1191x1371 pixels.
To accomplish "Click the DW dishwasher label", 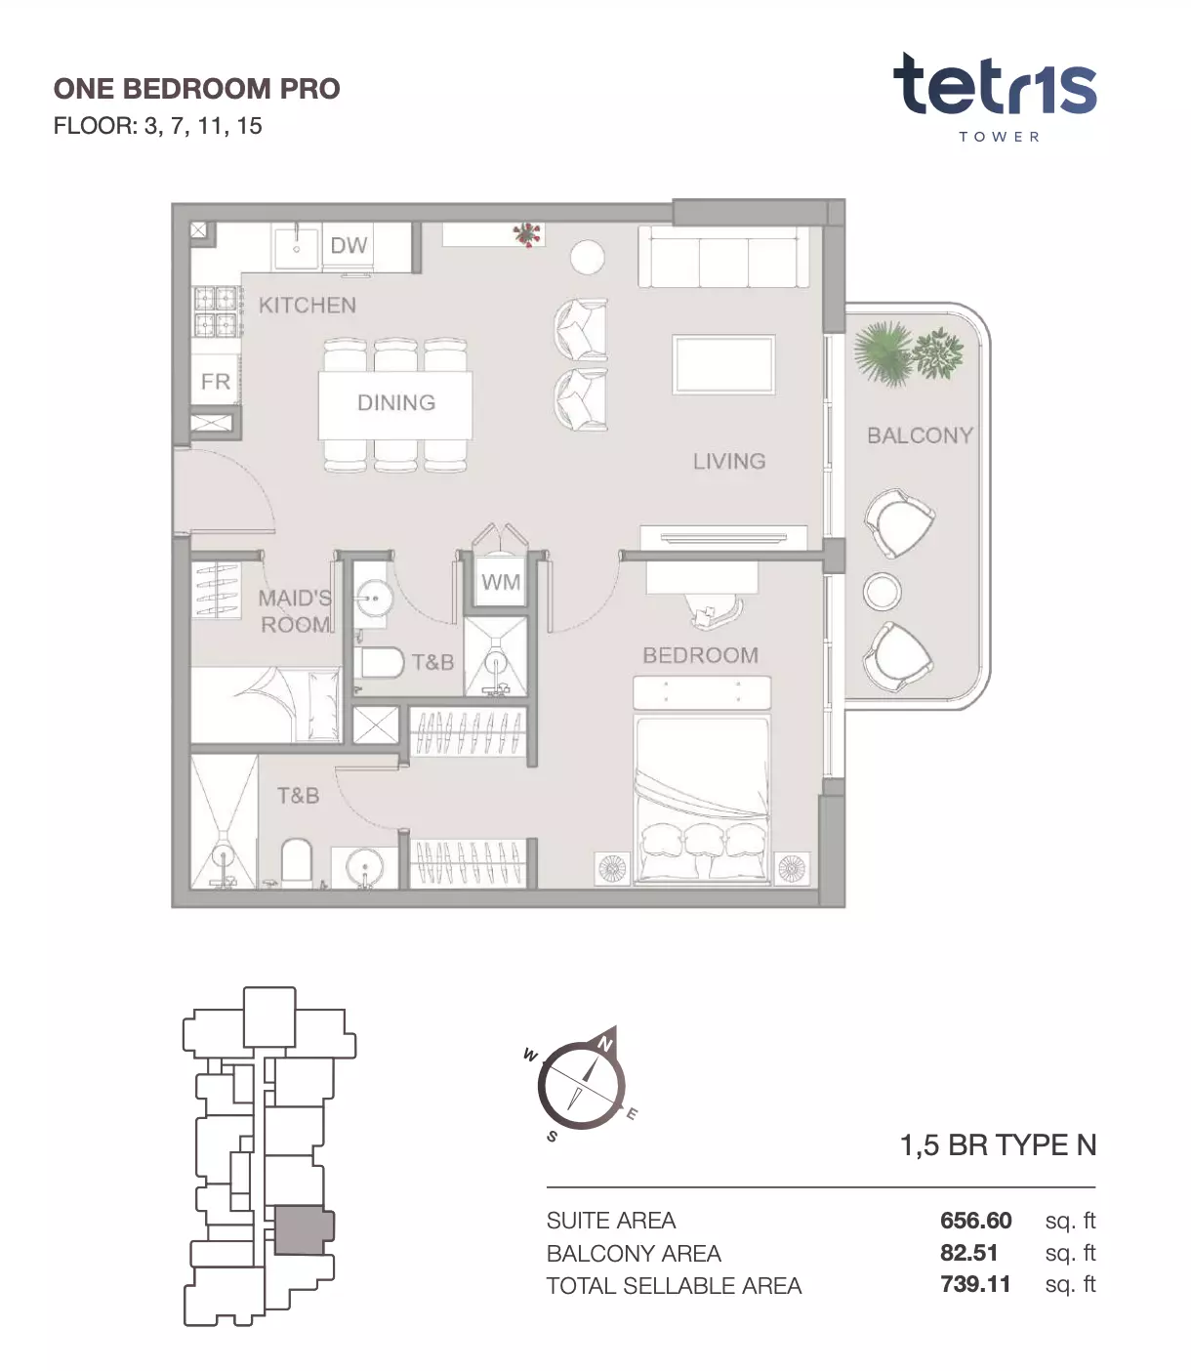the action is point(349,245).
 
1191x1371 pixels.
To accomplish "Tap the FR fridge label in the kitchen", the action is point(216,381).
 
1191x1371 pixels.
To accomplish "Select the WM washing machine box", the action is point(501,581).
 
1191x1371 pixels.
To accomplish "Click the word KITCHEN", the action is point(308,306).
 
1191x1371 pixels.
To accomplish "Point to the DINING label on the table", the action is point(396,402).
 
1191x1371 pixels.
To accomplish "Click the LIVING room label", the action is point(729,461).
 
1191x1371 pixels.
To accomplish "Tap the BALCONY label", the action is point(920,436).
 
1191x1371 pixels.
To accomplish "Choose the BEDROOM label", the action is point(701,655).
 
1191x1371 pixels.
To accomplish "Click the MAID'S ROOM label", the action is point(296,611).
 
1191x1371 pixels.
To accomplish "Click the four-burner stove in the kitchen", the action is point(217,312).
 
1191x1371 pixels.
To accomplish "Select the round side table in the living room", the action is point(588,258).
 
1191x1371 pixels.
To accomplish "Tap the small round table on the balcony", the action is point(883,591).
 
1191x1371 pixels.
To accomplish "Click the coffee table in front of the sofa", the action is point(723,364).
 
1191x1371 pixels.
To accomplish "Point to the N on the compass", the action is point(605,1044).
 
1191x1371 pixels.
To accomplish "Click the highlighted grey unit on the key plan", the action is point(304,1230).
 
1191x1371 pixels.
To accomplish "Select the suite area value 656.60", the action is point(975,1221).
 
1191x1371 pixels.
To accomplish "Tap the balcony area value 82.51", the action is point(968,1253).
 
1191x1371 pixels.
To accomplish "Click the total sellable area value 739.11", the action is point(975,1284).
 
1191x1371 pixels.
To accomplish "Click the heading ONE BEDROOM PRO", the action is point(197,89).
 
